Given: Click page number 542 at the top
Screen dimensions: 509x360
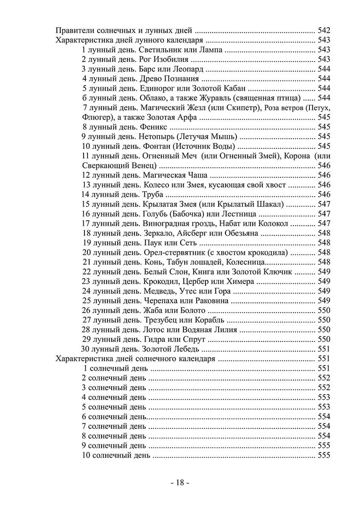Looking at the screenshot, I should [323, 31].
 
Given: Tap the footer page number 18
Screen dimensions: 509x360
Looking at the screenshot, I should [180, 483].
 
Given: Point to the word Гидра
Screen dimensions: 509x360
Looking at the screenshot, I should [150, 339].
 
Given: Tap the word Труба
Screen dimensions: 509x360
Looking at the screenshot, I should [150, 194].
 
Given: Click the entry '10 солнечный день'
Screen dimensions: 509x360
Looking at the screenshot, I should [115, 455].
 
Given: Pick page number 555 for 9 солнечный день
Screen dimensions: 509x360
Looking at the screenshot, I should [323, 446].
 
